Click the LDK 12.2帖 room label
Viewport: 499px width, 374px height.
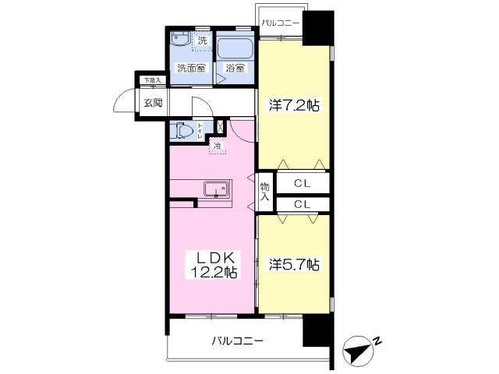211,265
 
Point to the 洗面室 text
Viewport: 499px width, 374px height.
190,68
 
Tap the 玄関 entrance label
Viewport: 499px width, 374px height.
152,103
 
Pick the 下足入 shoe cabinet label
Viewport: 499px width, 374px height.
151,80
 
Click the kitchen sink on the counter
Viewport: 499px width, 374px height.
215,189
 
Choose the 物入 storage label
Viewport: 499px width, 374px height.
264,192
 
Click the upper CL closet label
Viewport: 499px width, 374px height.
303,183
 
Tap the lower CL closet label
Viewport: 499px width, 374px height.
303,203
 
